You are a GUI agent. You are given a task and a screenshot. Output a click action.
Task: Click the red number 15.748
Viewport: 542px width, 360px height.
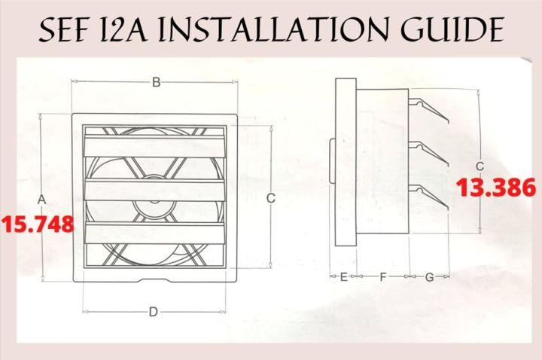[x=38, y=224]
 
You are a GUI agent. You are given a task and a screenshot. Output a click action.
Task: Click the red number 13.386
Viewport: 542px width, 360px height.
[x=496, y=188]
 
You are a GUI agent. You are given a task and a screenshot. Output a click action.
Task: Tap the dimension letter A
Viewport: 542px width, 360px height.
[x=41, y=200]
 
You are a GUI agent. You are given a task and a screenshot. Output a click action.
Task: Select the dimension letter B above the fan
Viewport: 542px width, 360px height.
[x=157, y=83]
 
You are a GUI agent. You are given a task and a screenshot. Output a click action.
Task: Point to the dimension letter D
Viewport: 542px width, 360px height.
[x=154, y=312]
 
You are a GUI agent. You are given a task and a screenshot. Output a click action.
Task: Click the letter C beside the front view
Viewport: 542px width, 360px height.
[x=271, y=198]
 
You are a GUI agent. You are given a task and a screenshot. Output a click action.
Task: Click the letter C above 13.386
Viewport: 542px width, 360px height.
[x=480, y=166]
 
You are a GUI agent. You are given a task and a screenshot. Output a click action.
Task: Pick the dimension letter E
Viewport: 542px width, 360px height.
[x=343, y=277]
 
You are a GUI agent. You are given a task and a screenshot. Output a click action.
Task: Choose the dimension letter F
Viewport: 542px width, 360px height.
[x=382, y=277]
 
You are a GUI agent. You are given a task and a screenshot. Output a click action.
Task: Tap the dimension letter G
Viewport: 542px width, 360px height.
[x=429, y=277]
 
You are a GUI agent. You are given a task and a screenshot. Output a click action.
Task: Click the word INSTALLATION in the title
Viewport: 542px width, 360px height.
[x=273, y=29]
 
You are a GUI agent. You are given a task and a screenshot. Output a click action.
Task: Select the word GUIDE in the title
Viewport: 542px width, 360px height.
[x=452, y=29]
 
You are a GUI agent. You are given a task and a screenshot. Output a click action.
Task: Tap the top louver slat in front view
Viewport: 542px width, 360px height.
[x=155, y=146]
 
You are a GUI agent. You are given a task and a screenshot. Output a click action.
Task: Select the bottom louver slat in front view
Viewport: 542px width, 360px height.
[x=155, y=233]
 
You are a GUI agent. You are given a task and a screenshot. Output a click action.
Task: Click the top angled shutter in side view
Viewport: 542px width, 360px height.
[x=428, y=110]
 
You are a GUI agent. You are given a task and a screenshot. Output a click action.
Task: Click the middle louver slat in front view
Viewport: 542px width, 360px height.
[x=155, y=190]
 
